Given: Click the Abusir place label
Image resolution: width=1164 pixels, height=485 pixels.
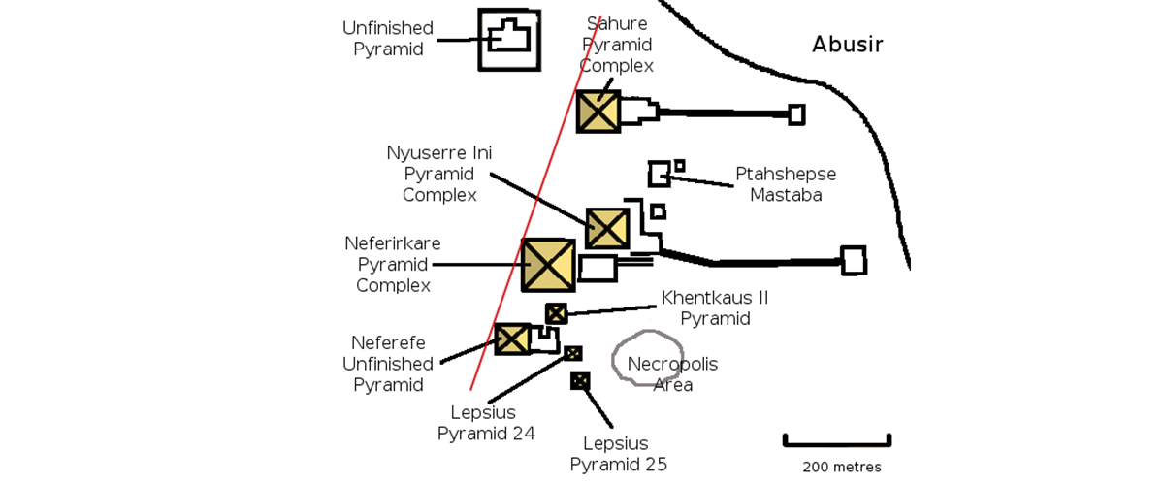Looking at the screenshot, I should coord(848,45).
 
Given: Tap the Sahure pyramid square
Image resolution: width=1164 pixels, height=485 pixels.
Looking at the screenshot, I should coord(598,112).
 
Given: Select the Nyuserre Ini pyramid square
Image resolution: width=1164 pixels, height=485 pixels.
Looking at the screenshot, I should coord(607,228).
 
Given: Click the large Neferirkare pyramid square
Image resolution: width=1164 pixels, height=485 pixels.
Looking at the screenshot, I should coord(548,265).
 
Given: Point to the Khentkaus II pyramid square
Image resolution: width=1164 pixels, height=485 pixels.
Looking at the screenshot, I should coord(556,313).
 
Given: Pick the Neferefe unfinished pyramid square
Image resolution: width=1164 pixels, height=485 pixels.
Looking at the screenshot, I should coord(512,339).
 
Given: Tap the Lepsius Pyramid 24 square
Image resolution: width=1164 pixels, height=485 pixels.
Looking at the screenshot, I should coord(573,353).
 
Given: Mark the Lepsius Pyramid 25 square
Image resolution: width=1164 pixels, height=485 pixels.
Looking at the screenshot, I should coord(580,380).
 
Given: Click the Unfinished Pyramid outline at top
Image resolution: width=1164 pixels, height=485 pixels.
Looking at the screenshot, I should coord(508,39).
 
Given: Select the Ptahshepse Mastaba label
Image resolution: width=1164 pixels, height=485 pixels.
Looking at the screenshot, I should coord(786,184).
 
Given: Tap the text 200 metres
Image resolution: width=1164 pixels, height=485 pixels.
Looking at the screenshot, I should coord(842,468).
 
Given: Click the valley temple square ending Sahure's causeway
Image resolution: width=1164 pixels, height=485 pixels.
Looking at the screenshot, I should coord(796,114).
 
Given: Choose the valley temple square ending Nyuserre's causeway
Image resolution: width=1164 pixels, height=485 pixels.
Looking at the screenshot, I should coord(853,260).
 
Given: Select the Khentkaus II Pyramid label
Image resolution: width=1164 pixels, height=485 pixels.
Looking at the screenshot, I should coord(715,307).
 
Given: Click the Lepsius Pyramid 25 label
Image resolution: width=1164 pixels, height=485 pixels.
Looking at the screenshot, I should coord(619,454).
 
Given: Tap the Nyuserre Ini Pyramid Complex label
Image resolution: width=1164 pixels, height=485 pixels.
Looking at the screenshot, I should coord(440,175).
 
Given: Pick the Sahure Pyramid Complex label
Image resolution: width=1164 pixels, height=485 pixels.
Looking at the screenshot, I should coord(617,45).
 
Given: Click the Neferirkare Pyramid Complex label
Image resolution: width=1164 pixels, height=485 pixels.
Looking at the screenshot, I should coord(393,264).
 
